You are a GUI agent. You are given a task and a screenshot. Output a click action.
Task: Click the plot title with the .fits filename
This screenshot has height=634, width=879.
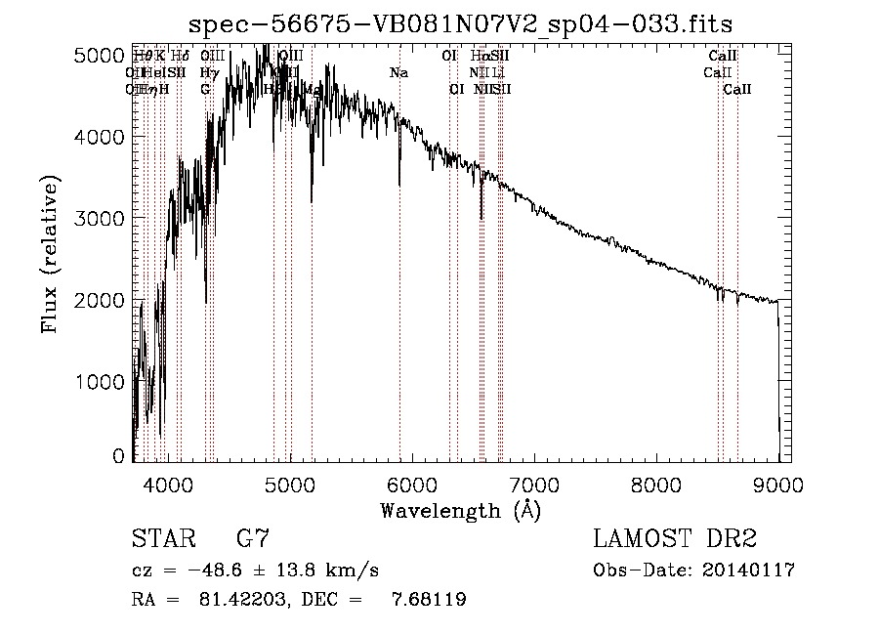(x=460, y=22)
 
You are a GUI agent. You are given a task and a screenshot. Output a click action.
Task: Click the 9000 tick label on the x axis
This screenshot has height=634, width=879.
(x=778, y=484)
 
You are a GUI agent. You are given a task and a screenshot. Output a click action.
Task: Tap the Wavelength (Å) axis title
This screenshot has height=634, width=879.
(x=461, y=510)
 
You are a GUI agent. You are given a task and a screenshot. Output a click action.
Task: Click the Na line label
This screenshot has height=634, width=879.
(x=398, y=72)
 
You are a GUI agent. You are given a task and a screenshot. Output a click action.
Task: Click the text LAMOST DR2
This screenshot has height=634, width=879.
(x=674, y=539)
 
